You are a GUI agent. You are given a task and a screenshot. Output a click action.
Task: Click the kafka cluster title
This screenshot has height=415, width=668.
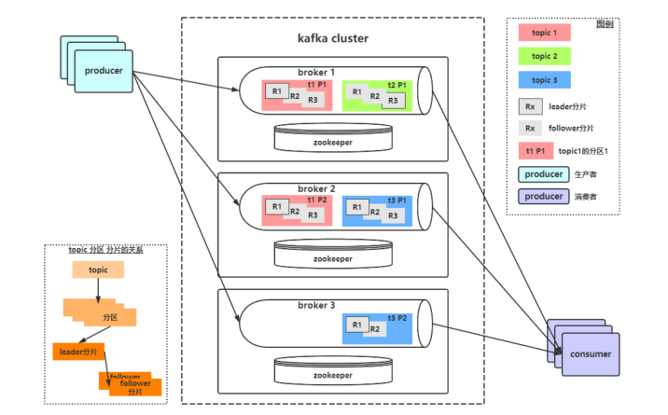(332, 38)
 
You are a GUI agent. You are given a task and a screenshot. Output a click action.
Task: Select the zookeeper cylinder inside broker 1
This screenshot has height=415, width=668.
(332, 137)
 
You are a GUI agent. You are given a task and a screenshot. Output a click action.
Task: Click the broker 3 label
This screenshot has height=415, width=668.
(316, 305)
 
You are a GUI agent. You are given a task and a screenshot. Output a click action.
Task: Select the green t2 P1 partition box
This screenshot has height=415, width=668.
(378, 95)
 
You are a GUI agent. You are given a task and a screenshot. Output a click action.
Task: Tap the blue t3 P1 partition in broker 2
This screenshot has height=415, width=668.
(378, 211)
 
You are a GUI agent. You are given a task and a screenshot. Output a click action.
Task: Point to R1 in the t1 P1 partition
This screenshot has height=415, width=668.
(276, 91)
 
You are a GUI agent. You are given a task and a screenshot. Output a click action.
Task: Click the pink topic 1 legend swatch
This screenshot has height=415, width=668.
(544, 33)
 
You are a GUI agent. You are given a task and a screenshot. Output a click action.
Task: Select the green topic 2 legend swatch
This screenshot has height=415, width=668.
(544, 56)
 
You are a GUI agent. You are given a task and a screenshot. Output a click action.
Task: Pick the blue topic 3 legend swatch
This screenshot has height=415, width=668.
(544, 80)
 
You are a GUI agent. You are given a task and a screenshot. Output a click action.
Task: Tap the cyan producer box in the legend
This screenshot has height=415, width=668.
(543, 174)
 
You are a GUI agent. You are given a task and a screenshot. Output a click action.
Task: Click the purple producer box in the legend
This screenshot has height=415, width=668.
(543, 197)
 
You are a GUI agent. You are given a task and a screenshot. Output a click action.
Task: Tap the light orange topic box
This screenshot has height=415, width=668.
(98, 270)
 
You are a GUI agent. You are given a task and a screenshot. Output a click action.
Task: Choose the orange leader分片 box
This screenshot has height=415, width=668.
(78, 352)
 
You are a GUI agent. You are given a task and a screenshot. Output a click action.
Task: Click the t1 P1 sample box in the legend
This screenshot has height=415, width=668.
(534, 151)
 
